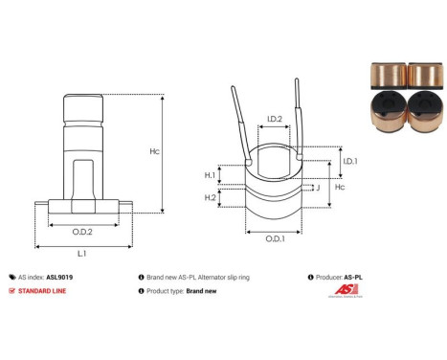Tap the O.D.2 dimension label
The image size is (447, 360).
tap(83, 231)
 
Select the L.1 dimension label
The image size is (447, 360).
tap(82, 254)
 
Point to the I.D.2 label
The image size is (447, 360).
tap(274, 120)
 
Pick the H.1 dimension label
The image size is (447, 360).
tap(210, 175)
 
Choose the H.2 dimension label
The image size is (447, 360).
tap(210, 197)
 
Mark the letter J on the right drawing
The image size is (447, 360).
tap(316, 188)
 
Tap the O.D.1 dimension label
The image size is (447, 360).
tap(274, 237)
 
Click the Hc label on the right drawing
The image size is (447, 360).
tap(337, 189)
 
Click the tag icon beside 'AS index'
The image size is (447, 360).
tap(11, 275)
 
